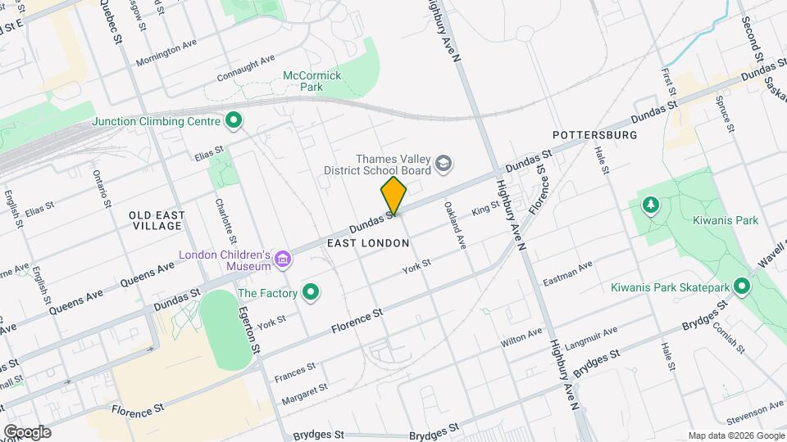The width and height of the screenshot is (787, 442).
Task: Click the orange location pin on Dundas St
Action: [393, 196]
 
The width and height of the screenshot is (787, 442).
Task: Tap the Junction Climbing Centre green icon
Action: [234, 122]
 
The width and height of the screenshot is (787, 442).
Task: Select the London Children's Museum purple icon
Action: [283, 260]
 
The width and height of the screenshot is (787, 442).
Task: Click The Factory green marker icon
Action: [311, 292]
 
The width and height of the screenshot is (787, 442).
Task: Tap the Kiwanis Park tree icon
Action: [651, 205]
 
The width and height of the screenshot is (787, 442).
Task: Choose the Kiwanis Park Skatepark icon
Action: [742, 287]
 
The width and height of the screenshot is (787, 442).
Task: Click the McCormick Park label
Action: [312, 80]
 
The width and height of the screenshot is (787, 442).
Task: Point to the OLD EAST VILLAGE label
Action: [157, 221]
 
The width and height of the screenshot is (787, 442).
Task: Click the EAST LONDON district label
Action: [367, 244]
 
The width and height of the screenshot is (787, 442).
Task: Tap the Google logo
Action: [27, 432]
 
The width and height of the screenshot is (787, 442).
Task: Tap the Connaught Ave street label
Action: [245, 69]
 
